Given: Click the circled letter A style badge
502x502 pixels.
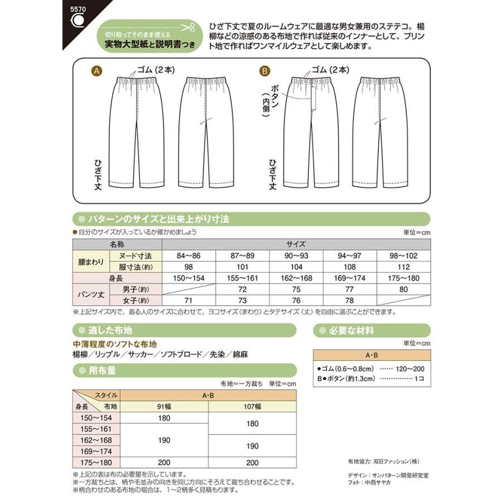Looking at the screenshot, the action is click(97, 71).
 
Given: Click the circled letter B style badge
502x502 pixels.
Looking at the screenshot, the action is click(265, 71).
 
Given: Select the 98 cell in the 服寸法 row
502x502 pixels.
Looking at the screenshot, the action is click(189, 266).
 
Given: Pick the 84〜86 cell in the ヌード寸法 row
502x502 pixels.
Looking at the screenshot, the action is click(189, 255).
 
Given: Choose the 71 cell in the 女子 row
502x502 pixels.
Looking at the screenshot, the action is click(189, 301).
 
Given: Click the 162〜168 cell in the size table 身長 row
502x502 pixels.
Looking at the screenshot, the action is click(296, 278).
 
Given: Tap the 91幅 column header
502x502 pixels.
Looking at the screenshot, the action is click(164, 407).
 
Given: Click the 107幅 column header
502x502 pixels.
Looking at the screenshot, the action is click(252, 407).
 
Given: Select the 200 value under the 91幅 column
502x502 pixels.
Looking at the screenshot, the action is click(164, 462).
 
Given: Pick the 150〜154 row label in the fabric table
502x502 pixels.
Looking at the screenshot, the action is click(96, 418).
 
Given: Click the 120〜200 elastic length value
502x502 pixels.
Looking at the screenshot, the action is click(411, 369).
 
